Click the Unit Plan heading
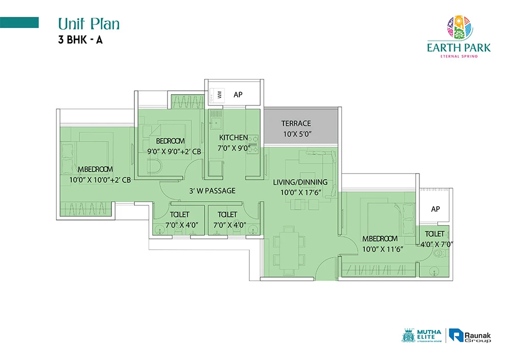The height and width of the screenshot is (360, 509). click(89, 24)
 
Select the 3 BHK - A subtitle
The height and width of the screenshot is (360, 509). click(80, 40)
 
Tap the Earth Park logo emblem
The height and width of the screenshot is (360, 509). click(460, 27)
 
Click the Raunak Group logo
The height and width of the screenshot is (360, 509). click(470, 336)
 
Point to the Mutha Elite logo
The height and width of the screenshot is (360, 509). click(422, 336)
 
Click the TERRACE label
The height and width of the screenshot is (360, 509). click(296, 123)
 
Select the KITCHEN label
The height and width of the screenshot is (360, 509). click(234, 137)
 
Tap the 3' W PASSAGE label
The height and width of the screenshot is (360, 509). click(212, 191)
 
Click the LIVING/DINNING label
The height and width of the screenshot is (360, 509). click(300, 182)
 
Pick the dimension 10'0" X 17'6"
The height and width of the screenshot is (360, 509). click(301, 192)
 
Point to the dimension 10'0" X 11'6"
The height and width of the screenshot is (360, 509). click(383, 250)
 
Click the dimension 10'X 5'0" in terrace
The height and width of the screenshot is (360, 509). click(297, 134)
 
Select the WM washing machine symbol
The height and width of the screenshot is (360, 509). click(216, 95)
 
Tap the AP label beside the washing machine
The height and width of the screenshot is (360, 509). click(238, 95)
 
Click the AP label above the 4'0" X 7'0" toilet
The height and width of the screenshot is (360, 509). click(436, 209)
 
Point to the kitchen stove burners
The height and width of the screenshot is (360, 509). click(253, 145)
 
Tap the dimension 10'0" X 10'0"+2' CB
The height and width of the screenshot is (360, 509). click(100, 180)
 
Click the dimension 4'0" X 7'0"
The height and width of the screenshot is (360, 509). click(437, 244)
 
